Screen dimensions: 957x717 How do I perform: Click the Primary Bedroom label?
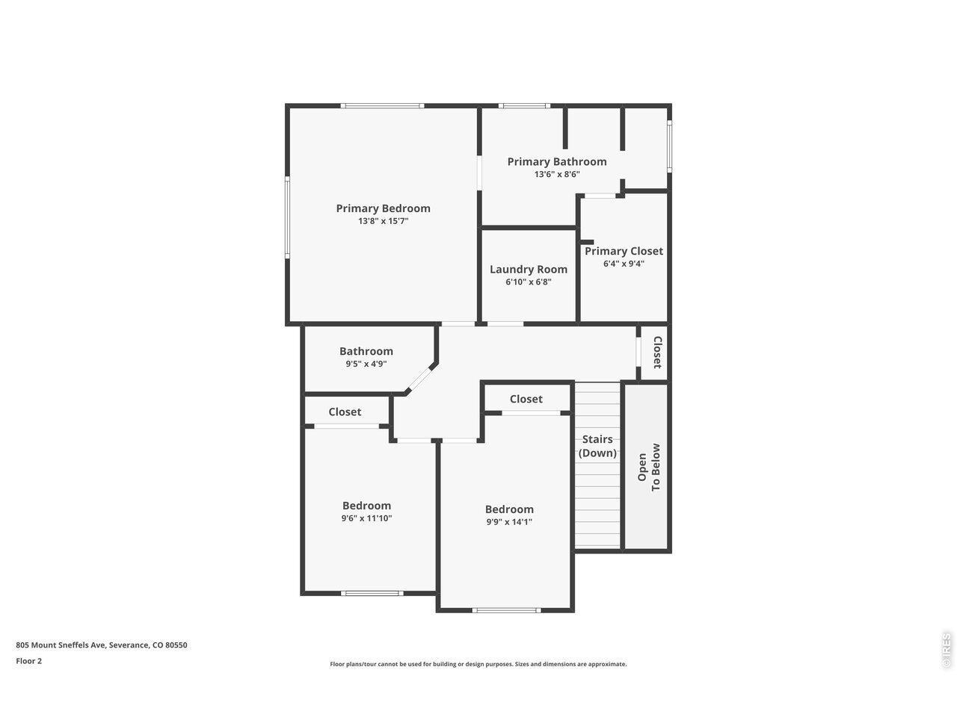pos(383,208)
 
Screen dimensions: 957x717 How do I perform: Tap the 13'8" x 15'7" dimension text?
pos(383,221)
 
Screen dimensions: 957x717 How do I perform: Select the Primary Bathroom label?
pos(557,162)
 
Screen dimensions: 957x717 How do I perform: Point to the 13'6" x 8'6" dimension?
pos(557,175)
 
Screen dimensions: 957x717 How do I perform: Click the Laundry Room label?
pos(529,270)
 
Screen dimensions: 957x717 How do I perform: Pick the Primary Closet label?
pos(624,251)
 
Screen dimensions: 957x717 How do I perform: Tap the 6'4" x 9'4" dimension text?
pos(624,264)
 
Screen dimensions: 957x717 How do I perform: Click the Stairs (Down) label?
pos(597,446)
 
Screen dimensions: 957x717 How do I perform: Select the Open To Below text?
pos(649,467)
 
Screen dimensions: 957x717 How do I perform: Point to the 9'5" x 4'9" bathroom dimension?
pos(366,364)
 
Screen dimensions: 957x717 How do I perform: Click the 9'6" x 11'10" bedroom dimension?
pos(366,518)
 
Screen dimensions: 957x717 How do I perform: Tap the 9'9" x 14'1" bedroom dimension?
pos(509,522)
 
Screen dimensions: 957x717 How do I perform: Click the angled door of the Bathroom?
pos(420,379)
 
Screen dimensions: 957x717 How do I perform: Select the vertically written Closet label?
pos(657,353)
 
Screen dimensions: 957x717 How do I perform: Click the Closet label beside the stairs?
pos(526,399)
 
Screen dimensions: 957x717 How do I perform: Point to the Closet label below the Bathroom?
pos(345,412)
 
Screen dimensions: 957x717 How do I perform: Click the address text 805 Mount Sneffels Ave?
pos(61,645)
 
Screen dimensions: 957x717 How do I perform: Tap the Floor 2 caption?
pos(28,661)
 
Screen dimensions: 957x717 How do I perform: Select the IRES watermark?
pos(947,651)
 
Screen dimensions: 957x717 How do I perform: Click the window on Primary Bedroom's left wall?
pos(287,217)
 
